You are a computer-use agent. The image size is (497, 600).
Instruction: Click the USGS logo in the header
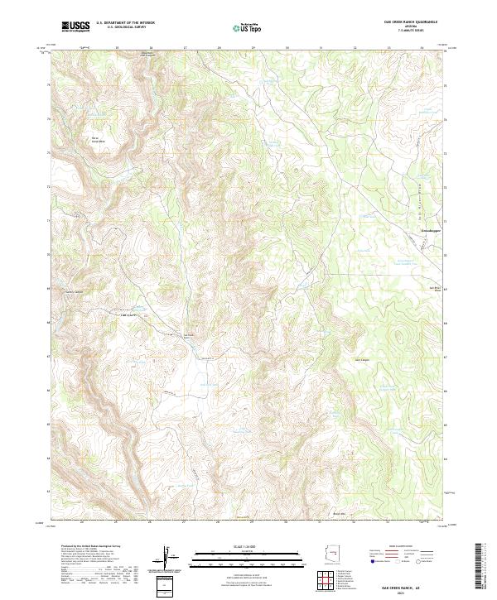point(75,26)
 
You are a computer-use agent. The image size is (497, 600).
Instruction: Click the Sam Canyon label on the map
point(363,360)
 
